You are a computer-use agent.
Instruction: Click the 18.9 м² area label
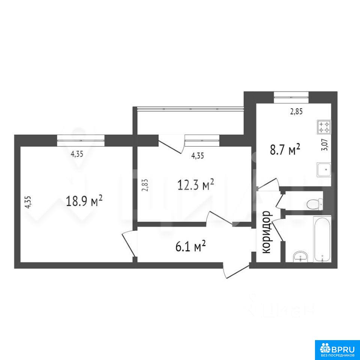(x=84, y=201)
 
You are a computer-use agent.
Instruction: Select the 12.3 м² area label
(x=196, y=184)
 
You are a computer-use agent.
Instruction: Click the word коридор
(x=267, y=232)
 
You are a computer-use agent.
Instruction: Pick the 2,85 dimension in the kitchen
(x=297, y=112)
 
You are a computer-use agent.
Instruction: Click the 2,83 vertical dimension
(x=145, y=185)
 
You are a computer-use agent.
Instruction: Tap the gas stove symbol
(x=324, y=127)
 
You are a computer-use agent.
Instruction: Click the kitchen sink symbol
(x=324, y=169)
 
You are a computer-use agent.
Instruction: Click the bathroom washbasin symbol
(x=301, y=256)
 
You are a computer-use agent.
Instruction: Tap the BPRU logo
(x=337, y=348)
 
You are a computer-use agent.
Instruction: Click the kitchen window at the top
(x=291, y=97)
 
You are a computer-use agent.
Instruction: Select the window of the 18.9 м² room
(x=81, y=140)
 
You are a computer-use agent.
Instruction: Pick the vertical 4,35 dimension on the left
(x=28, y=202)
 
